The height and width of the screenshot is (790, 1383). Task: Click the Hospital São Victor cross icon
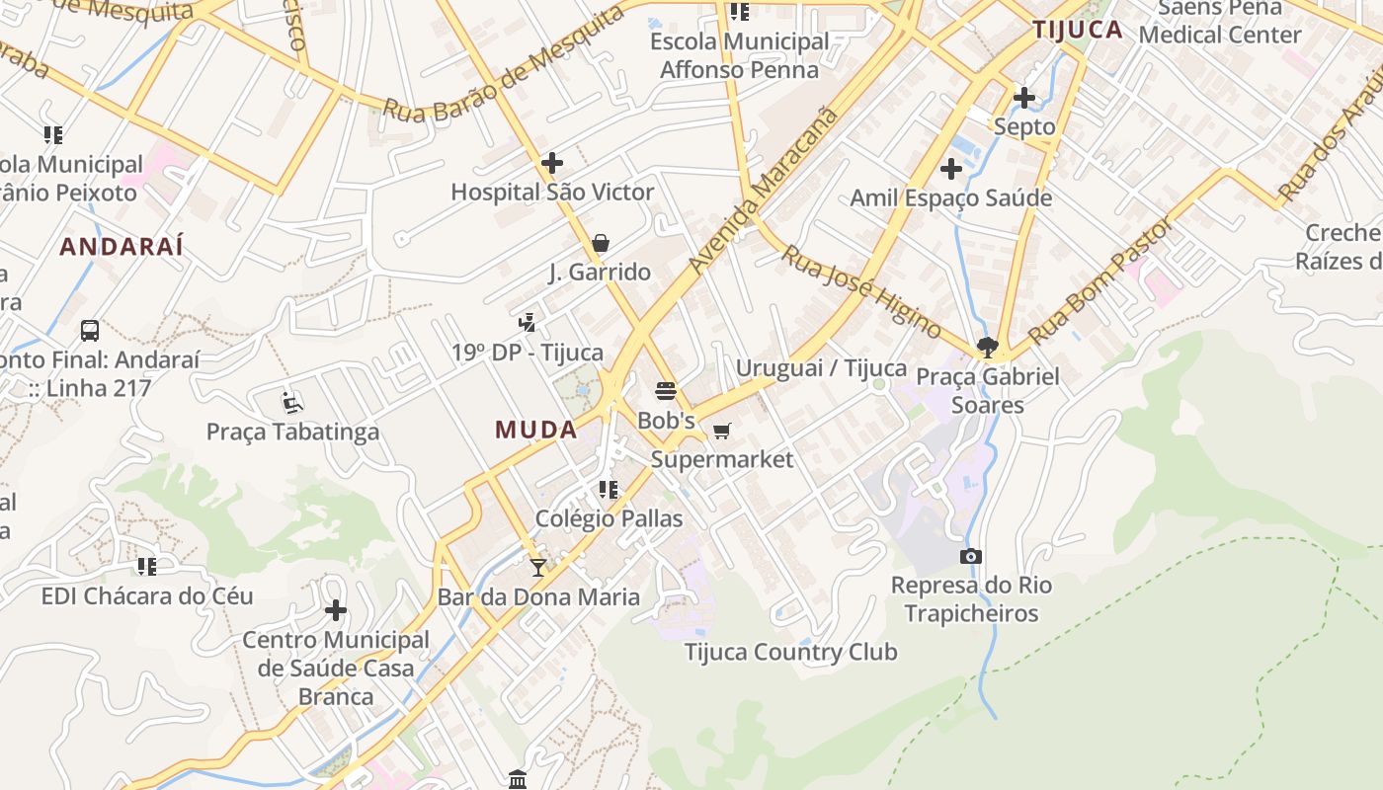(x=552, y=163)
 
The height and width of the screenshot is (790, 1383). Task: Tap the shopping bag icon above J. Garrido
(x=600, y=243)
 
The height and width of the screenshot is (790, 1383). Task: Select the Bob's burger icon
(x=666, y=391)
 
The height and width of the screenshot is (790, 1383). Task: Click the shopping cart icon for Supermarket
(x=722, y=431)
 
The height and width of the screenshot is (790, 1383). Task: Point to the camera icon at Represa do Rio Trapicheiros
(x=971, y=556)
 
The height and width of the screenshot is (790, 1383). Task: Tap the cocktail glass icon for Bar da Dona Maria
(x=537, y=567)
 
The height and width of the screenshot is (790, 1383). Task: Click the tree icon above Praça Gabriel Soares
(x=986, y=347)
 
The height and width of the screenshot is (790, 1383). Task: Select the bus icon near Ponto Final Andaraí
(x=90, y=330)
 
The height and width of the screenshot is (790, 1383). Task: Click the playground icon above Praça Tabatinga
(x=291, y=402)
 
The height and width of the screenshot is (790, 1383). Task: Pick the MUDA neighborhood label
(x=536, y=430)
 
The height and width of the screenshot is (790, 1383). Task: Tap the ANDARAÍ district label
(x=122, y=247)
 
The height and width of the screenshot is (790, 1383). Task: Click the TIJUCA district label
(x=1078, y=30)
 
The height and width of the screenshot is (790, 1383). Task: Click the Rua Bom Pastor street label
(x=1101, y=280)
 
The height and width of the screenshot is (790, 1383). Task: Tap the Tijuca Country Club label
(x=790, y=652)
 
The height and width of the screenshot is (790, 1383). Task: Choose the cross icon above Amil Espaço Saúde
(x=951, y=169)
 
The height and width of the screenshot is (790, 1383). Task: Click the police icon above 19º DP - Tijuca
(x=528, y=321)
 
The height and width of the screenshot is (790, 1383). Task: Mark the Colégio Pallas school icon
(x=609, y=489)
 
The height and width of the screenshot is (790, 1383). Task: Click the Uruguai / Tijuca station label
(x=821, y=368)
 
